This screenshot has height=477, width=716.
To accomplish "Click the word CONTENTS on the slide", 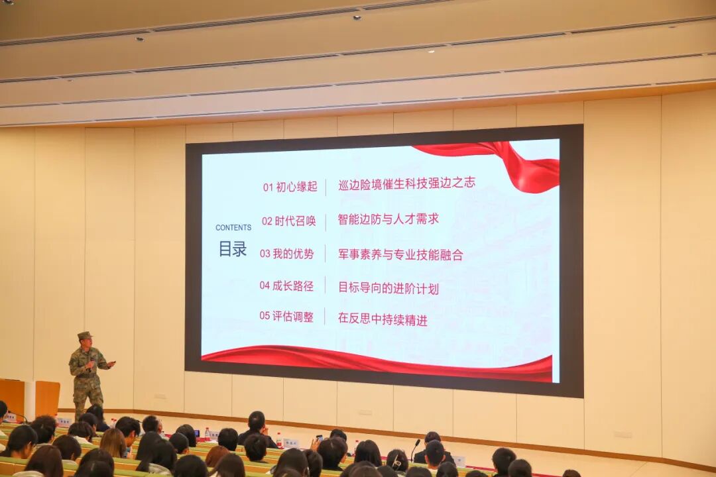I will click(x=233, y=227).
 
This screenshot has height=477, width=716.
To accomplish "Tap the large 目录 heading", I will click(x=233, y=249).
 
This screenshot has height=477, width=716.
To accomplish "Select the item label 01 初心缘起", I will click(x=290, y=187).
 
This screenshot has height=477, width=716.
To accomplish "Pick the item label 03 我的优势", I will click(x=286, y=254).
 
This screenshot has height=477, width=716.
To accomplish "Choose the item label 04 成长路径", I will click(x=286, y=286).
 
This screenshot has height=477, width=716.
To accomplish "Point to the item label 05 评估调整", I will click(x=286, y=317).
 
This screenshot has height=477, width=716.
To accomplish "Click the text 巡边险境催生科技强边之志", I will click(x=406, y=184).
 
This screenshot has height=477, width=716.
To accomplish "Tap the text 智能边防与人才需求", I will click(x=388, y=219).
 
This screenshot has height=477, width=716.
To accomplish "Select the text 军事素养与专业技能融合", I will click(x=400, y=254).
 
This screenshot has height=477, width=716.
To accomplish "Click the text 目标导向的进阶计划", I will click(x=388, y=288).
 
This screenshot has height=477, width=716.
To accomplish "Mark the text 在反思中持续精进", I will click(x=382, y=319).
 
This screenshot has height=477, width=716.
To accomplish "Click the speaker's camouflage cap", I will click(x=84, y=335).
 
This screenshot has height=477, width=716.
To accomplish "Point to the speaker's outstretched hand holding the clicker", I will click(x=111, y=363).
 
